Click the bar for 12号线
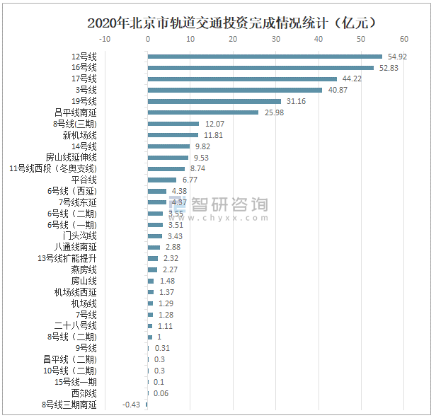coord(265,57)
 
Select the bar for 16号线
coord(260,68)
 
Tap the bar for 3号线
coord(235,90)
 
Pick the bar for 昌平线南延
coord(203,112)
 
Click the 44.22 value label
coord(352,79)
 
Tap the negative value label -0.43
coord(131,405)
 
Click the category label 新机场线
coord(79,135)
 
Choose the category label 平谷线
coord(84,180)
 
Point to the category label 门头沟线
coord(79,236)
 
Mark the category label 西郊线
coord(84,393)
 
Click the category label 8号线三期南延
coord(69,405)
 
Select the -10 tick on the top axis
coord(105,39)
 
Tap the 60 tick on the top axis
coord(404,39)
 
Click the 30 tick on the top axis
coord(276,39)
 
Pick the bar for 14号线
coord(169,146)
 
